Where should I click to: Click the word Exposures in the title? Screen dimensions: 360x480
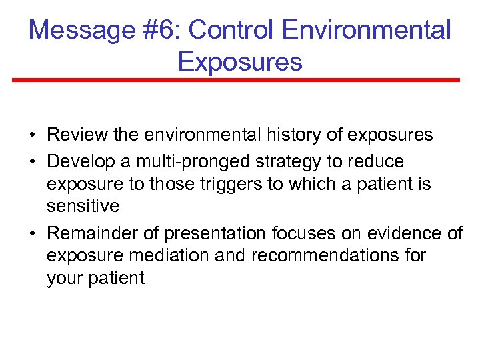(240, 61)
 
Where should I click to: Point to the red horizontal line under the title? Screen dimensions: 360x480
(236, 80)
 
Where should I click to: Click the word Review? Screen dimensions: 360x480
(78, 135)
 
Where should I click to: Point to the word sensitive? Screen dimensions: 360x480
(83, 206)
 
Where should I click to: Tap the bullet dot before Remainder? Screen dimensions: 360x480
(32, 234)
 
